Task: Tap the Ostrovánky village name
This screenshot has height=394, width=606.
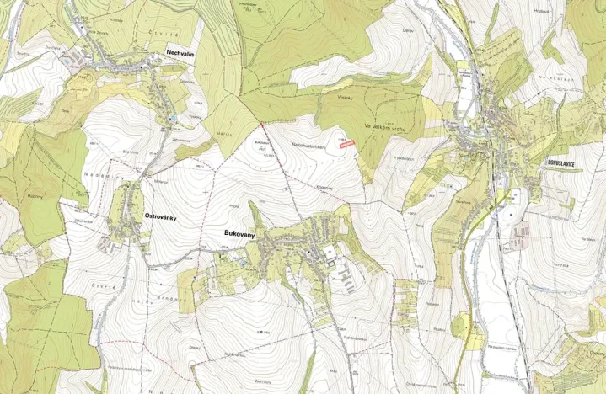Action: click(x=153, y=216)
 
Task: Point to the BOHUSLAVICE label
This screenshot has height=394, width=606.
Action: click(x=565, y=165)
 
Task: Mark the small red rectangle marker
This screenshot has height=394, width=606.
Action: click(x=346, y=144)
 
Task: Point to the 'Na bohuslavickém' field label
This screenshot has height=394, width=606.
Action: click(x=308, y=145)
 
